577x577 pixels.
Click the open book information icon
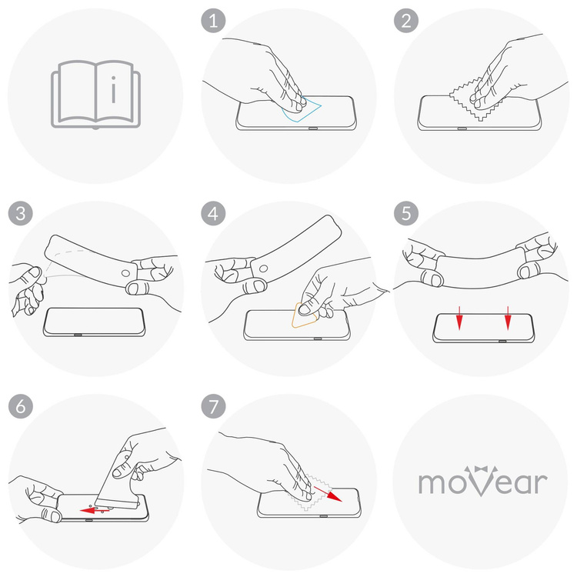[96, 95]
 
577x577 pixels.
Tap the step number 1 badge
[212, 21]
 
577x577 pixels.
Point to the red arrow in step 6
[95, 509]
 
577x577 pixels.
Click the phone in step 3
[95, 322]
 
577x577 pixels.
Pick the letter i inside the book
[114, 93]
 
